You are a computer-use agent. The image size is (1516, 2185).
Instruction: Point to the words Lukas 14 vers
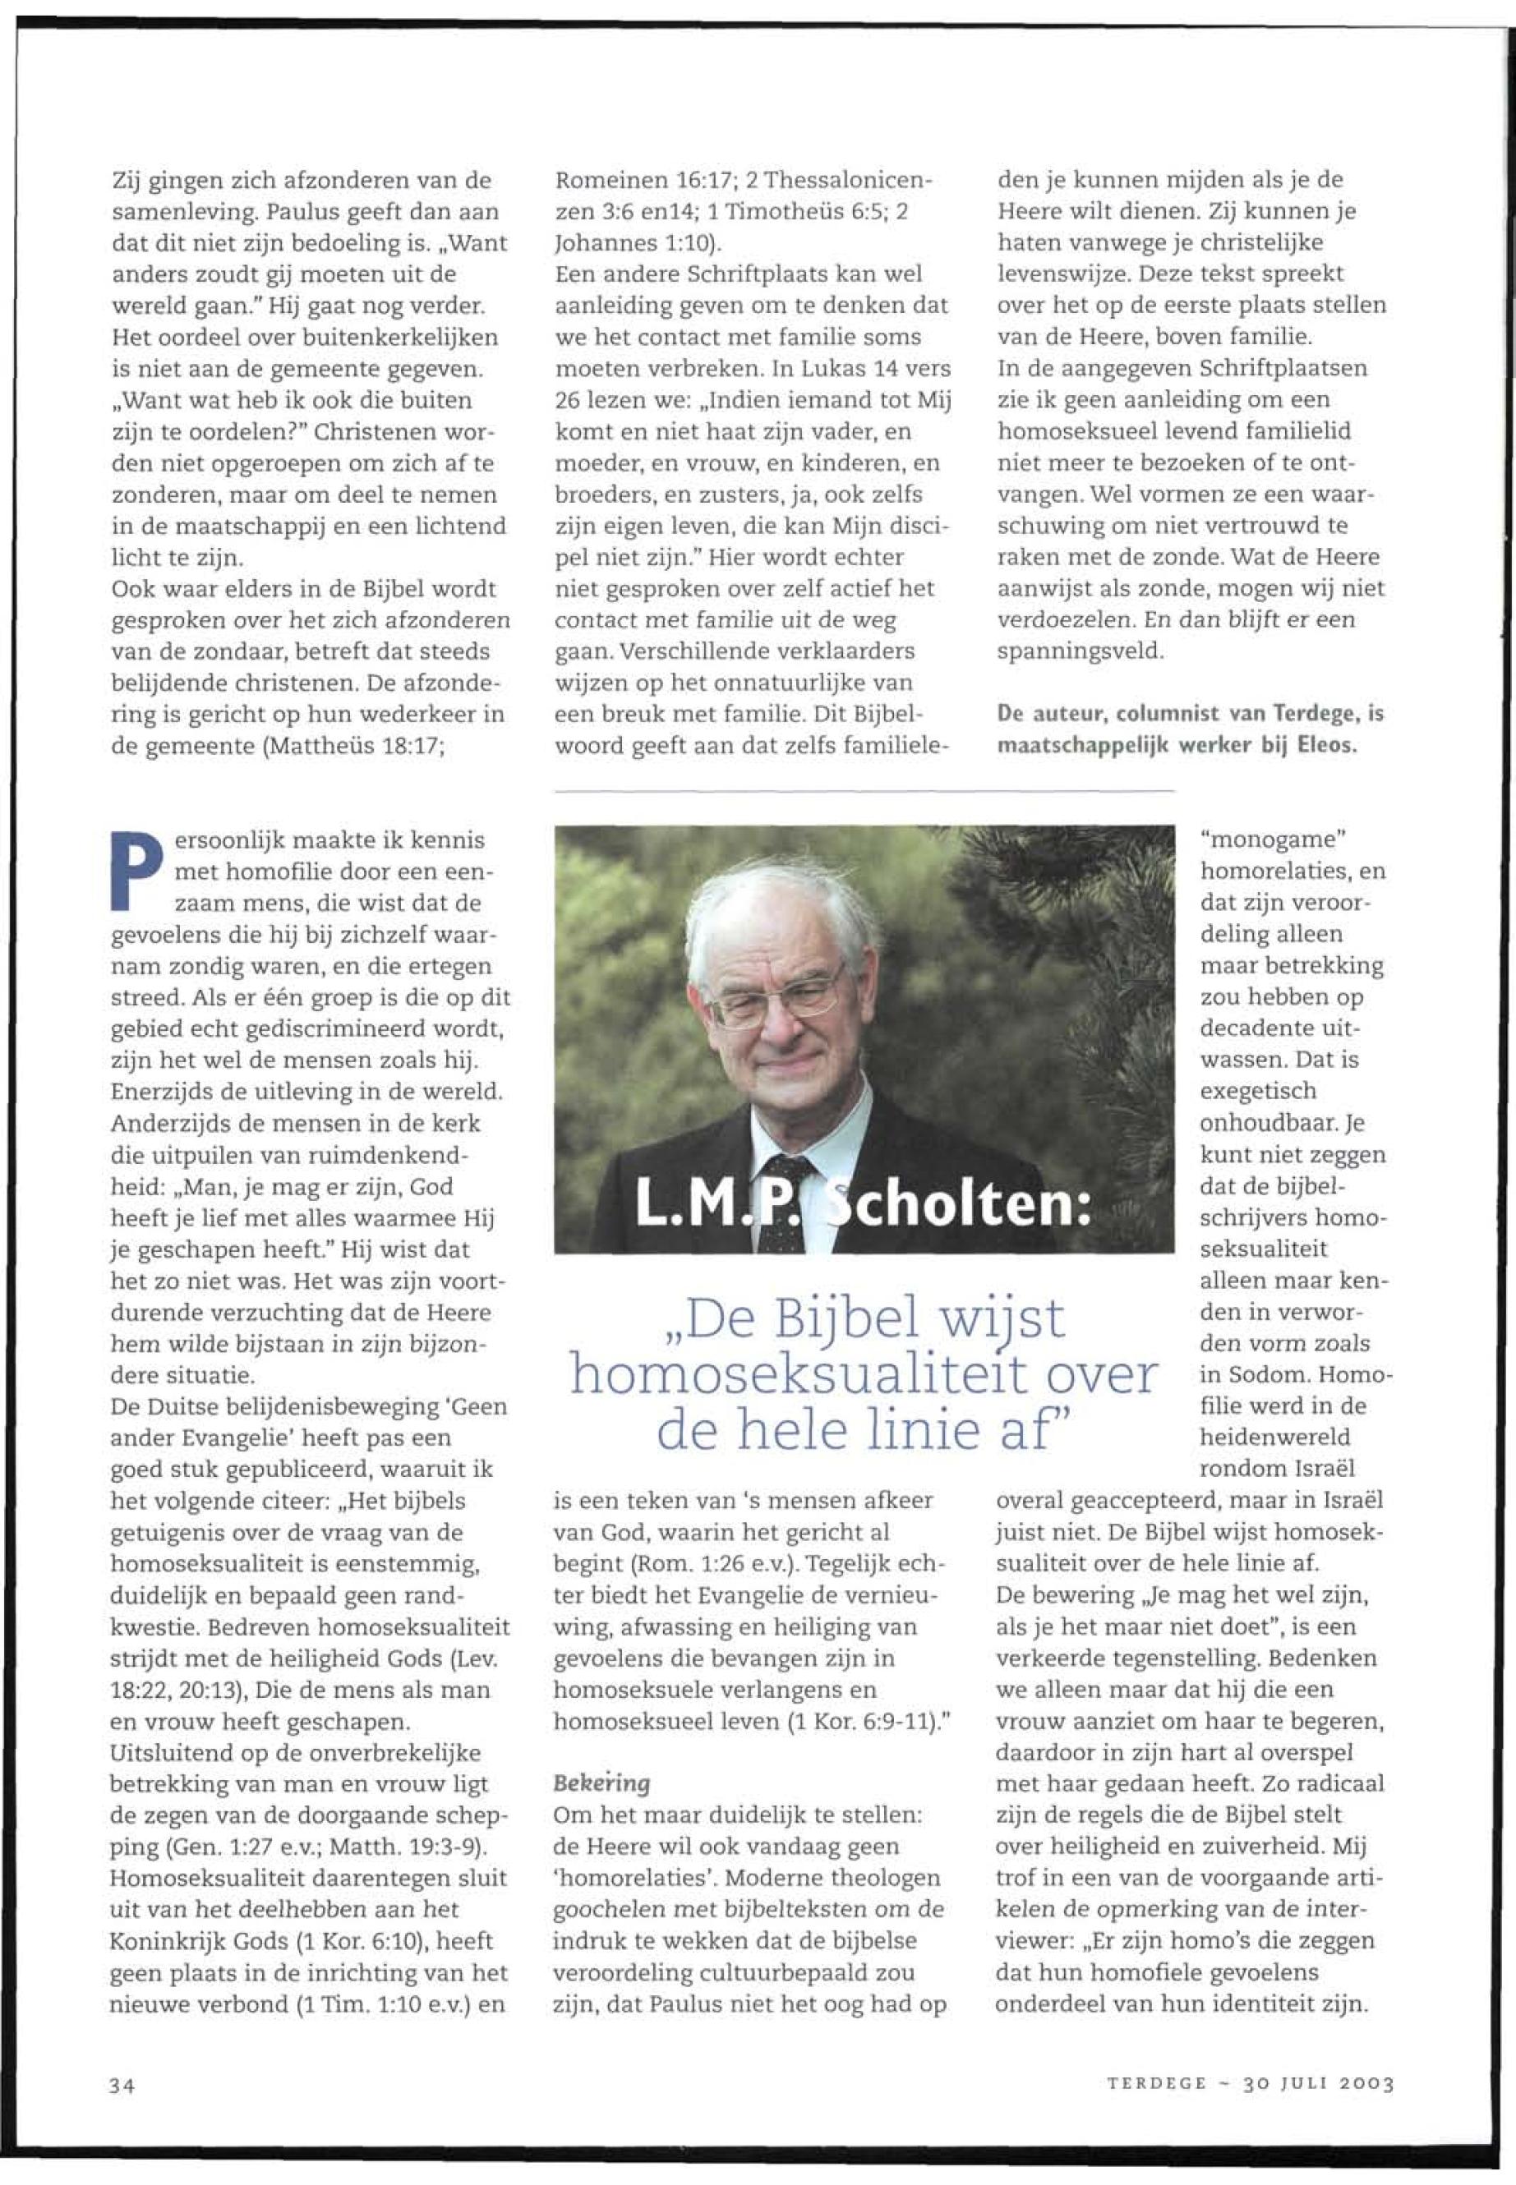(x=887, y=369)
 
